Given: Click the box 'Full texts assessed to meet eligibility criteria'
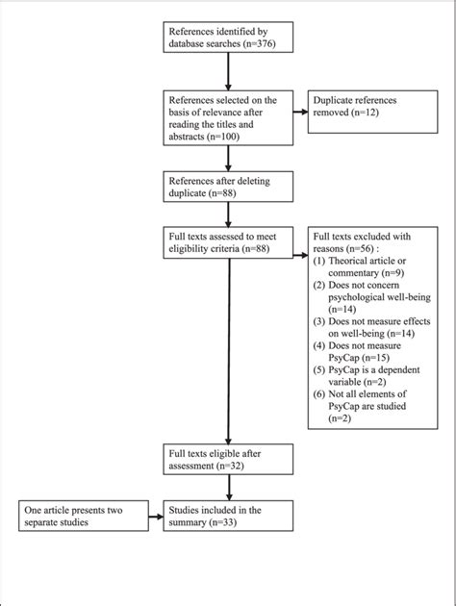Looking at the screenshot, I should (x=227, y=244).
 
